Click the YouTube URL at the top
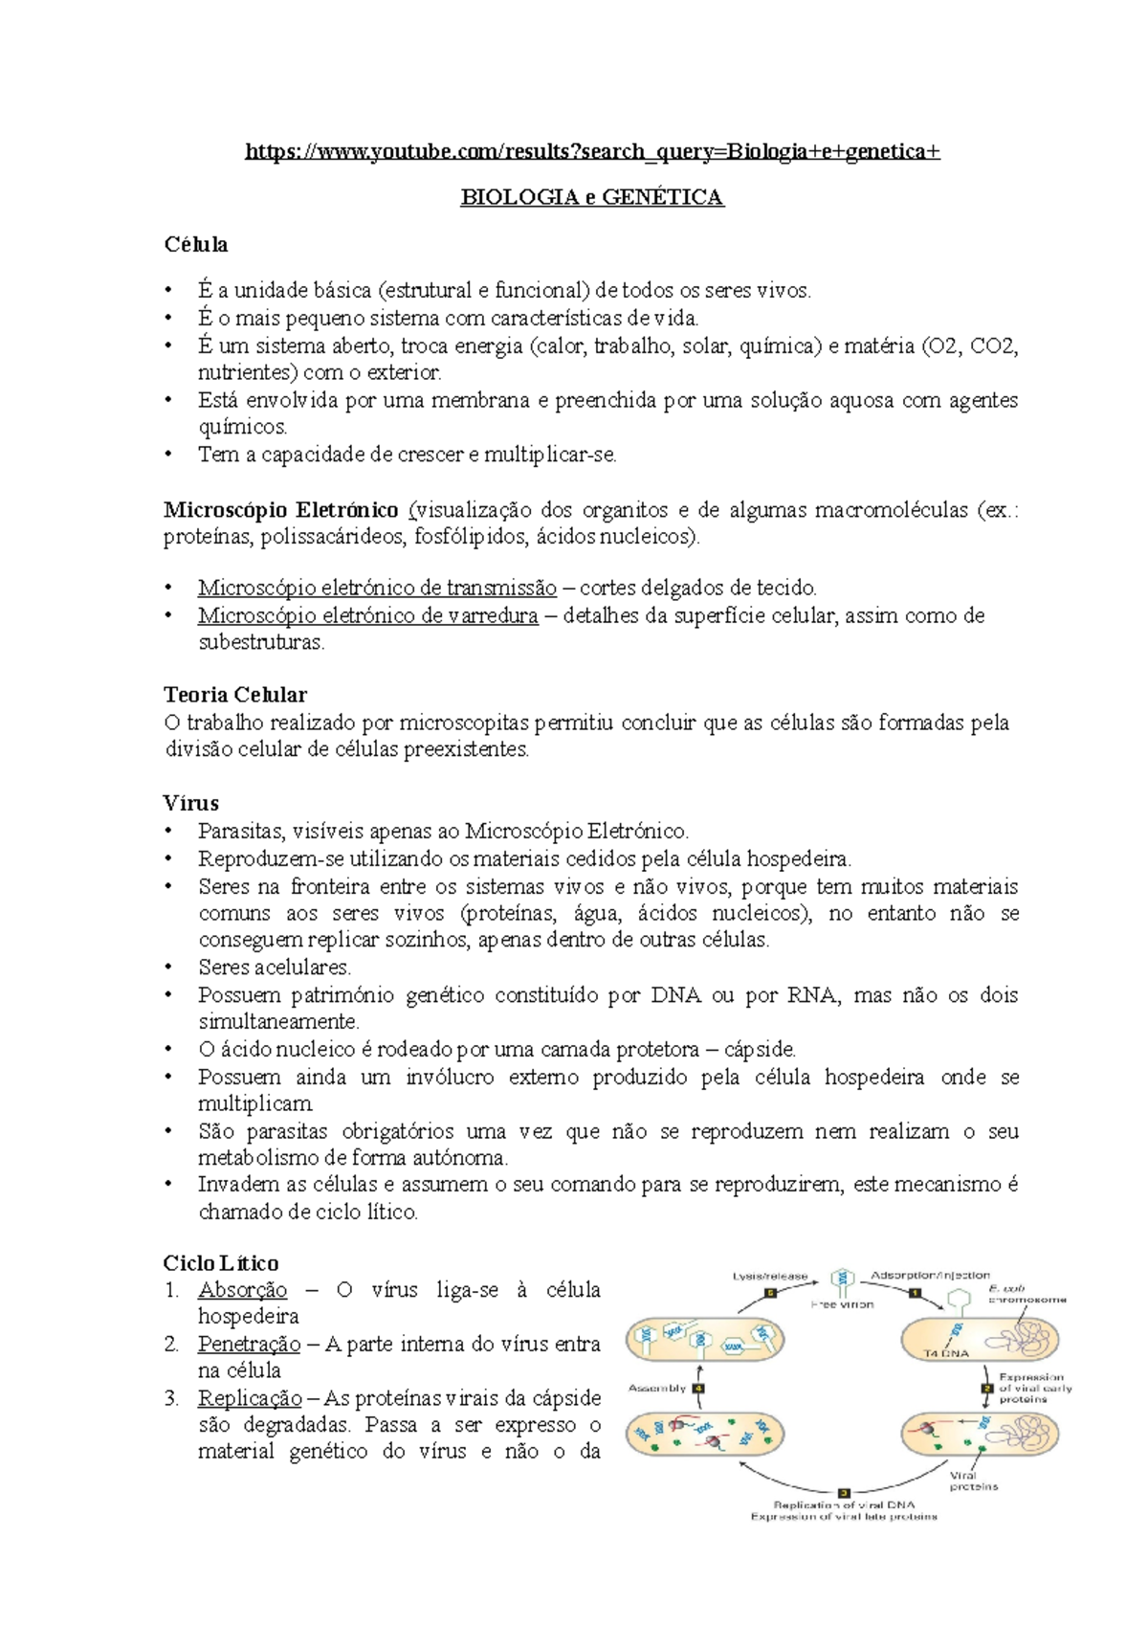tap(592, 151)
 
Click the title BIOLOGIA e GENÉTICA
tap(592, 197)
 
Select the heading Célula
tap(196, 245)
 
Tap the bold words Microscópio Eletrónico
tap(281, 510)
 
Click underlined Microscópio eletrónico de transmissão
tap(377, 588)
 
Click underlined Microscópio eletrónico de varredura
tap(368, 615)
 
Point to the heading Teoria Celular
tap(235, 695)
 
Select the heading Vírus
tap(191, 803)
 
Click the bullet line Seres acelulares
tap(275, 968)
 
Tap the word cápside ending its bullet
tap(759, 1050)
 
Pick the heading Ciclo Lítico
tap(221, 1263)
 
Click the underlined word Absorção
tap(242, 1290)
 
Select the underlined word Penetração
tap(249, 1345)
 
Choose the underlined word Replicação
tap(250, 1398)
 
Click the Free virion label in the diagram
tap(842, 1304)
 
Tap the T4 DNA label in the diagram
tap(946, 1353)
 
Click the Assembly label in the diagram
tap(657, 1388)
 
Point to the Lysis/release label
tap(770, 1276)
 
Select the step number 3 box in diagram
tap(844, 1492)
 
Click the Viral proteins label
tap(973, 1480)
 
